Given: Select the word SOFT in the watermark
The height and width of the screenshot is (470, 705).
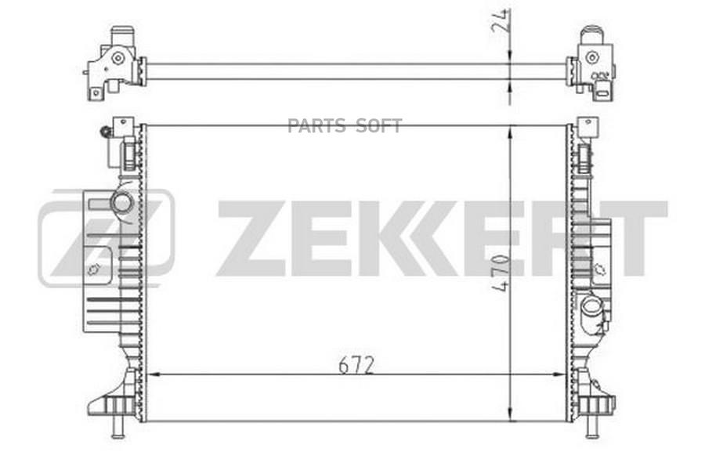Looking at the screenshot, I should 379,126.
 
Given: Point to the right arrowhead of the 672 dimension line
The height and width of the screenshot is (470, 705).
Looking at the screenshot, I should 559,375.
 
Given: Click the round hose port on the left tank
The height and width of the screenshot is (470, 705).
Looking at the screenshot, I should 122,203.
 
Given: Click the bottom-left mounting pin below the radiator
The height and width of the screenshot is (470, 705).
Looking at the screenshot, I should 117,427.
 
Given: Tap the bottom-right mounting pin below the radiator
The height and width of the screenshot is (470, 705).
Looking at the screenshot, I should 591,427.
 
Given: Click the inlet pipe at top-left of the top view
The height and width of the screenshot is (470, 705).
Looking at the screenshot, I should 120,36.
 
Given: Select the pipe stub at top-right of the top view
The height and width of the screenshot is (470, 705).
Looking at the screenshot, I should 591,38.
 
